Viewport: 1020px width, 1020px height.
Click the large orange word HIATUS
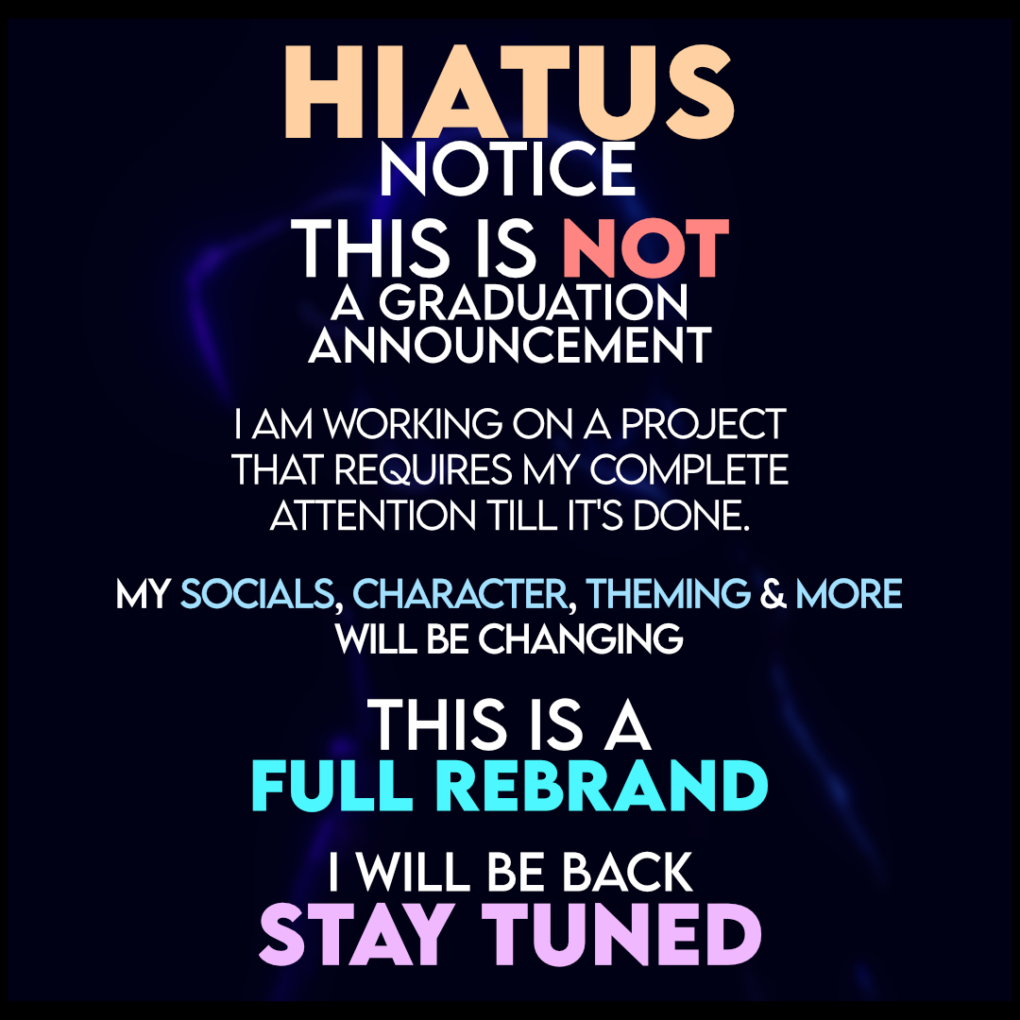[509, 93]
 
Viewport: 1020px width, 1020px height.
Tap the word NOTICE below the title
[507, 170]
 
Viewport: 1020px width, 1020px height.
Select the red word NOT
[645, 248]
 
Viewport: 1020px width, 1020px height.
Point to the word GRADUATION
[533, 302]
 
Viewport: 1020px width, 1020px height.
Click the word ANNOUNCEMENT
[510, 345]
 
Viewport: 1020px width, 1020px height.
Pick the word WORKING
[413, 424]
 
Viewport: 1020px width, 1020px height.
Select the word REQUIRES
[423, 470]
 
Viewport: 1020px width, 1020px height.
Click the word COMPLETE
[688, 469]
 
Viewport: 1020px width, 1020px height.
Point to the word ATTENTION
[373, 516]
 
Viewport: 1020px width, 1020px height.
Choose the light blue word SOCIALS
[257, 594]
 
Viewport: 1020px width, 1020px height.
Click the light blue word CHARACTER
[460, 594]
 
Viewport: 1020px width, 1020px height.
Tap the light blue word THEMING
[668, 594]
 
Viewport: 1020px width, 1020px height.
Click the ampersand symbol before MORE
[773, 594]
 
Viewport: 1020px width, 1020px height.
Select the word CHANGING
[581, 639]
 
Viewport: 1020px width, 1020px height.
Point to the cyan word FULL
[332, 787]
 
